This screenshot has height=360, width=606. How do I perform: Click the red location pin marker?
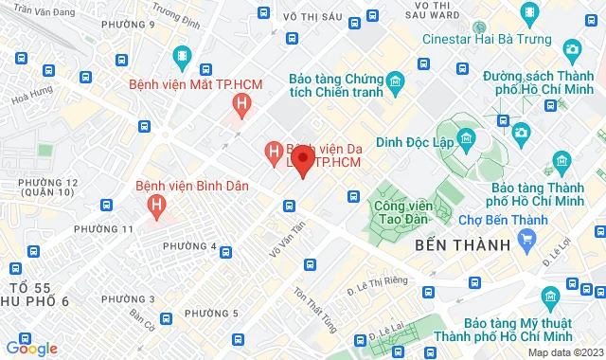click(x=302, y=162)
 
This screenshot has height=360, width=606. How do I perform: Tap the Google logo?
click(x=31, y=349)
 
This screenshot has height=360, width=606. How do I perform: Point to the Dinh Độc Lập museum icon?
click(x=466, y=141)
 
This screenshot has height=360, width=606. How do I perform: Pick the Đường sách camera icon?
click(x=571, y=47)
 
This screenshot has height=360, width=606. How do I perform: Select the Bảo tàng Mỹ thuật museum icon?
click(x=551, y=295)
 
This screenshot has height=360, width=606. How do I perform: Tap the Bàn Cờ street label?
click(x=141, y=315)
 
